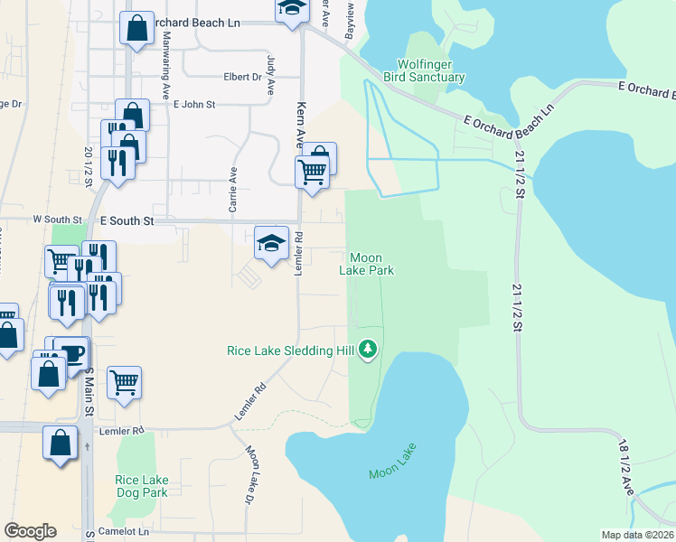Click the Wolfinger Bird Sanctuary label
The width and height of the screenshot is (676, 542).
431,70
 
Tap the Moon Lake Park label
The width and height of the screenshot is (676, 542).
371,263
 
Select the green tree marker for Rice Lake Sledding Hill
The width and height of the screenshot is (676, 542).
367,348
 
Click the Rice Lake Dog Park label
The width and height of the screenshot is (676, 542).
142,486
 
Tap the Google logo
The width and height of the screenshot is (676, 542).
30,530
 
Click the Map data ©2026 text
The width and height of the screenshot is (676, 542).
638,535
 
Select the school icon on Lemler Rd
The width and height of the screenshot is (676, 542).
271,243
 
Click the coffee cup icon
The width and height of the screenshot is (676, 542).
70,352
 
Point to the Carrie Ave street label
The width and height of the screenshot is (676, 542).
233,190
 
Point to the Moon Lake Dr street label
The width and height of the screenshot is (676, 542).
248,474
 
